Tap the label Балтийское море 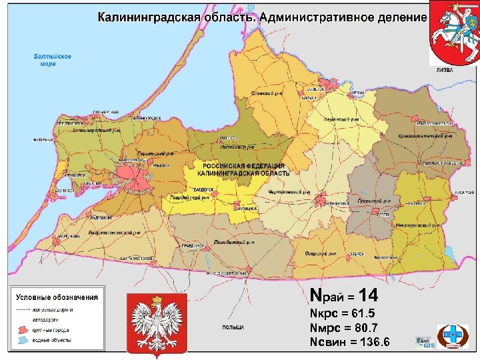coord(53,60)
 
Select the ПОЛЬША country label coord(233,328)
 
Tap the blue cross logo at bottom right coord(453,333)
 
